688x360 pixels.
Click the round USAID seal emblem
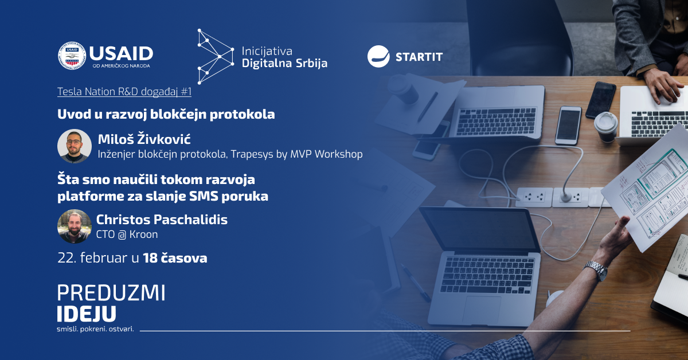[72, 56]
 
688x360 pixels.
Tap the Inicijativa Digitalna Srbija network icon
[216, 57]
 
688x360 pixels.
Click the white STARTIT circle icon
[378, 56]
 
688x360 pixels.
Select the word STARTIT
[419, 57]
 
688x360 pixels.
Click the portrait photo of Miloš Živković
[75, 146]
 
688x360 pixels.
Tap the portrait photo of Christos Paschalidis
[75, 226]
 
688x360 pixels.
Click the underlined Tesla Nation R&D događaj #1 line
[124, 92]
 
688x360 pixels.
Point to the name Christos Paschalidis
[162, 220]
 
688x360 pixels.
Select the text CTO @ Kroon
[127, 234]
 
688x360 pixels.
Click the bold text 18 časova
[175, 258]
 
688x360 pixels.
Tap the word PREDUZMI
[111, 293]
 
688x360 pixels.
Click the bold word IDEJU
[87, 314]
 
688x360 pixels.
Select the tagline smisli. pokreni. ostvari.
[96, 329]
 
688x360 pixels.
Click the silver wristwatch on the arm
[596, 270]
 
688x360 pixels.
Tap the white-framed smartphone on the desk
[568, 126]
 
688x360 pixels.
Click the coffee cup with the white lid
[606, 127]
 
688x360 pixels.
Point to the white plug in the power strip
[566, 197]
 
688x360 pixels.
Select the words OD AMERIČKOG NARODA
[122, 66]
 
